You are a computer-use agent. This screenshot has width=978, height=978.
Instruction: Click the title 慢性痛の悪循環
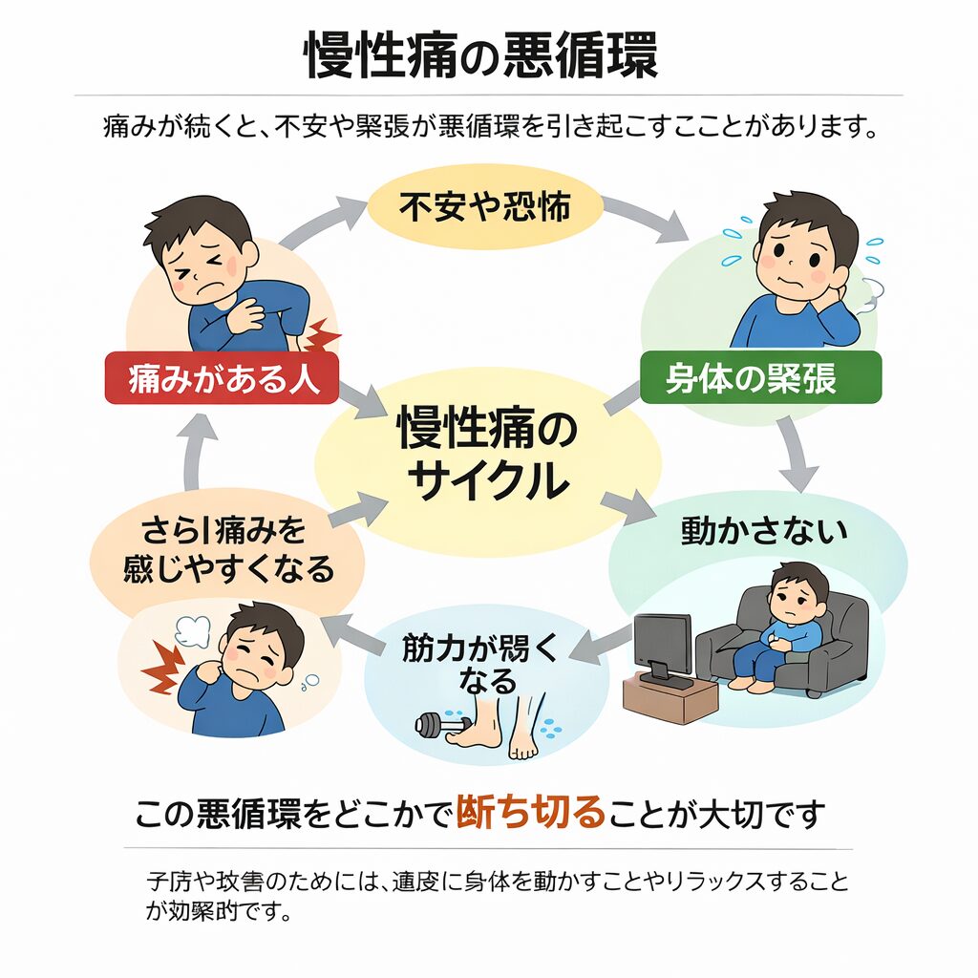point(481,55)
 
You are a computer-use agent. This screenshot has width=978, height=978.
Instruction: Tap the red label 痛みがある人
point(221,379)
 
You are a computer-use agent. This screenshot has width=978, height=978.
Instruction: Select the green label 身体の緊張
point(759,379)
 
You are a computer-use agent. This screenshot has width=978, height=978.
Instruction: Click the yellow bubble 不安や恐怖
point(484,207)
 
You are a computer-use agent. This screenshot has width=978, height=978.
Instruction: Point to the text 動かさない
point(763,532)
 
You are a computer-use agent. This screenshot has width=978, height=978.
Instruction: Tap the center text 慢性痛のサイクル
point(487,455)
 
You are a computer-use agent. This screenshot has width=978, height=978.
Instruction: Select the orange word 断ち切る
point(532,814)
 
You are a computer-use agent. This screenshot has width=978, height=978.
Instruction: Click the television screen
point(661,642)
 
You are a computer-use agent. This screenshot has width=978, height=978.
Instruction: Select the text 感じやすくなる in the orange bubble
point(229,569)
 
